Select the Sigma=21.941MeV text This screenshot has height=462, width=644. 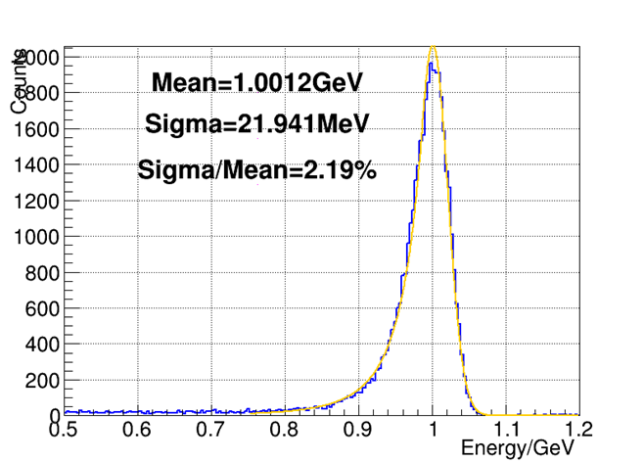(256, 124)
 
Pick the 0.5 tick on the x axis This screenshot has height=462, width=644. (65, 430)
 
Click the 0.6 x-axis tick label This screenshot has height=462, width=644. (138, 430)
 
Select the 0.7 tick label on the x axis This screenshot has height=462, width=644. (211, 430)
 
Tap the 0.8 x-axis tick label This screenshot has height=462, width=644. (285, 430)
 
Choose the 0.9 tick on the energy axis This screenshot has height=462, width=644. (358, 430)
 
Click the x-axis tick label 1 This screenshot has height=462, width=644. (433, 430)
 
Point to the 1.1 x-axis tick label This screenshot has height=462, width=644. (506, 430)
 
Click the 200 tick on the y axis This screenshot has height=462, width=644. (41, 380)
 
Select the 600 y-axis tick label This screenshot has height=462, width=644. (41, 308)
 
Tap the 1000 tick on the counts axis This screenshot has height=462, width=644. (36, 237)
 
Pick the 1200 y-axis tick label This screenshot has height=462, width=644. (36, 202)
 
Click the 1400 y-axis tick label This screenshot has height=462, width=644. (36, 165)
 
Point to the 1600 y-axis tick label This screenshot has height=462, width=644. (36, 130)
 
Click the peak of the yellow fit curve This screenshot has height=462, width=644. (434, 49)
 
